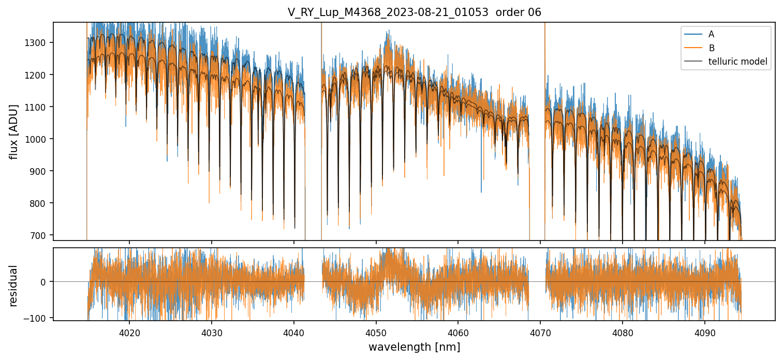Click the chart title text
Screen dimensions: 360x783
coord(414,12)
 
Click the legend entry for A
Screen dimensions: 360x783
coord(711,34)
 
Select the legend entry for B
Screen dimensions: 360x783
coord(711,48)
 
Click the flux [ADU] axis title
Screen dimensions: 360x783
coord(13,131)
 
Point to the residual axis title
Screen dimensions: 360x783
coord(13,286)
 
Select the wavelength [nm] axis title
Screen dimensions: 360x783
coord(414,347)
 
